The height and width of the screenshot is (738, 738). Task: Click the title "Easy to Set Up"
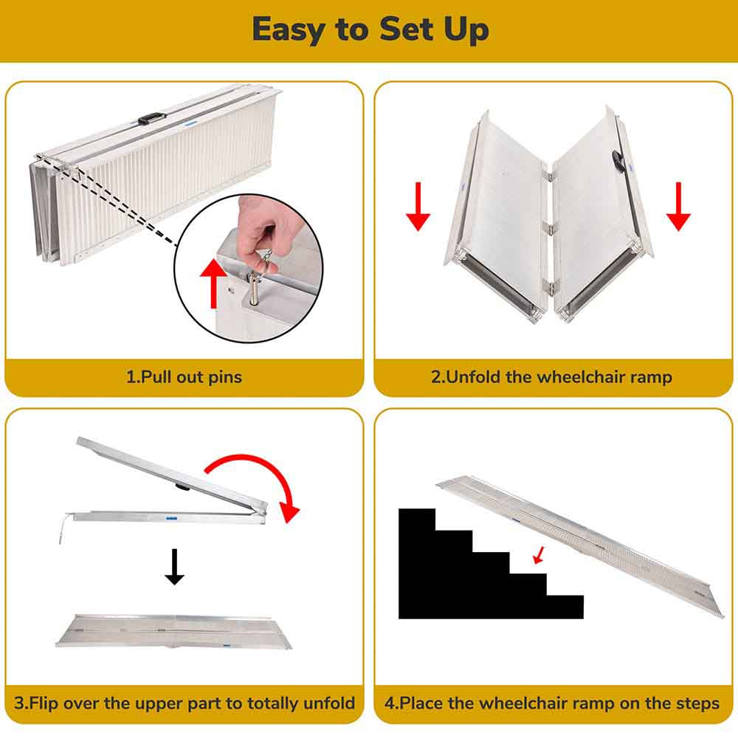click(x=370, y=30)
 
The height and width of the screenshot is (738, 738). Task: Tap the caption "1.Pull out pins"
click(x=184, y=377)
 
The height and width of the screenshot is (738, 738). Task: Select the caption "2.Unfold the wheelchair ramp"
click(x=551, y=377)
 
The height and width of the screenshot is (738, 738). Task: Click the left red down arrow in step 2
click(x=418, y=207)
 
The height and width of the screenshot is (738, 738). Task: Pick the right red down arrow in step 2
click(x=677, y=207)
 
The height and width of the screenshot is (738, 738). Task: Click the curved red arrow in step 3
click(x=258, y=480)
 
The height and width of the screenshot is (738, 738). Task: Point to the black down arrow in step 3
click(x=174, y=567)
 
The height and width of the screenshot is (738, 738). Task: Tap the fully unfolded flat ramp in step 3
click(x=174, y=631)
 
